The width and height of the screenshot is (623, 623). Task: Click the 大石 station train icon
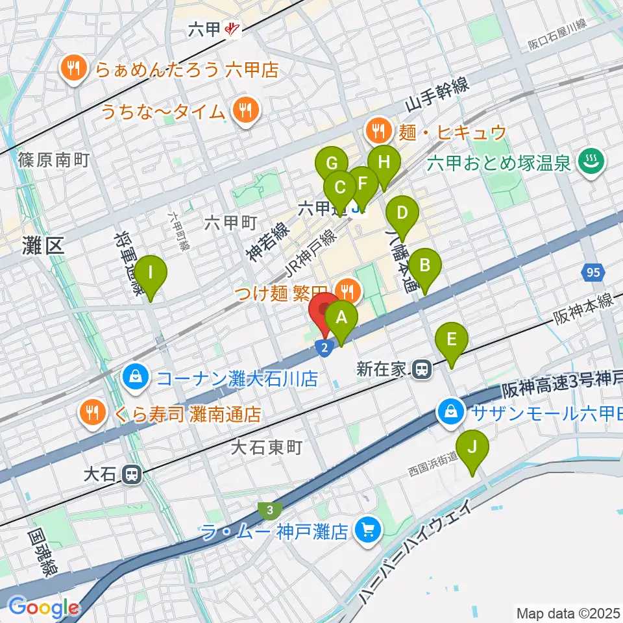[131, 474]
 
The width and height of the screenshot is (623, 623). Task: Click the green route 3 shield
[269, 510]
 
